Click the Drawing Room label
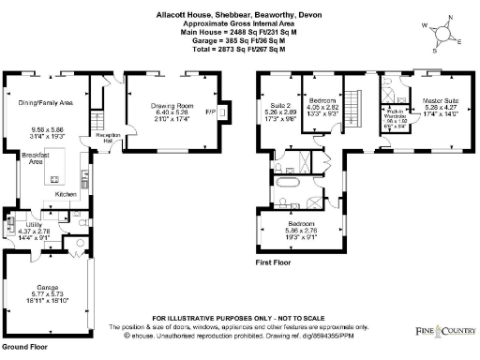[x=172, y=107]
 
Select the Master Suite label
[x=439, y=99]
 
